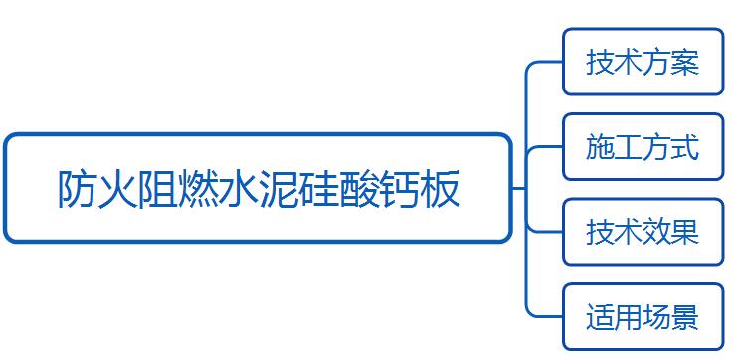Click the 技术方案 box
pyautogui.click(x=643, y=62)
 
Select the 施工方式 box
pyautogui.click(x=643, y=147)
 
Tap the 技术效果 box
pyautogui.click(x=643, y=232)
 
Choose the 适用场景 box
pyautogui.click(x=643, y=317)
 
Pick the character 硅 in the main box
pyautogui.click(x=318, y=189)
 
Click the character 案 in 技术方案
pyautogui.click(x=685, y=63)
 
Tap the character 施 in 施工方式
pyautogui.click(x=600, y=147)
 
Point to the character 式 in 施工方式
pyautogui.click(x=685, y=147)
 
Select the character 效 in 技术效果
pyautogui.click(x=656, y=232)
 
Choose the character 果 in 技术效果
pyautogui.click(x=685, y=232)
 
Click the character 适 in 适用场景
pyautogui.click(x=600, y=317)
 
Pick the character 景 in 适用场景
pyautogui.click(x=685, y=317)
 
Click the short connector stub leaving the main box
pyautogui.click(x=518, y=189)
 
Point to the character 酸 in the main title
pyautogui.click(x=359, y=189)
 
